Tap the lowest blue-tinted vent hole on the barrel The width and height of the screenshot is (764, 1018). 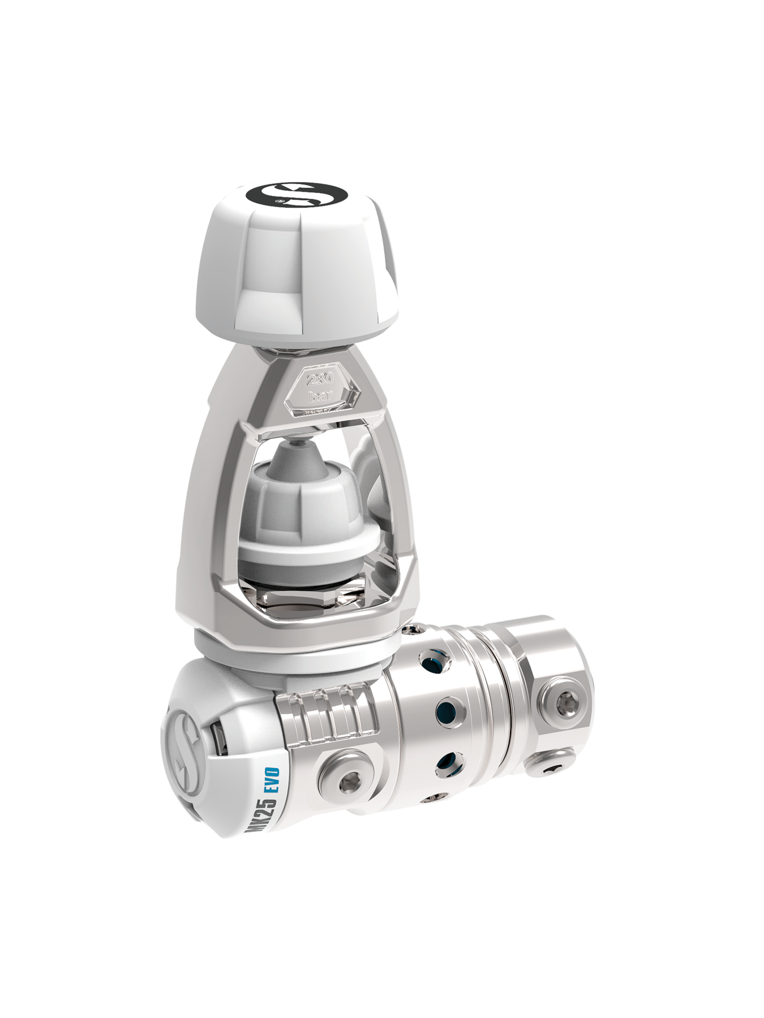point(447,762)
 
